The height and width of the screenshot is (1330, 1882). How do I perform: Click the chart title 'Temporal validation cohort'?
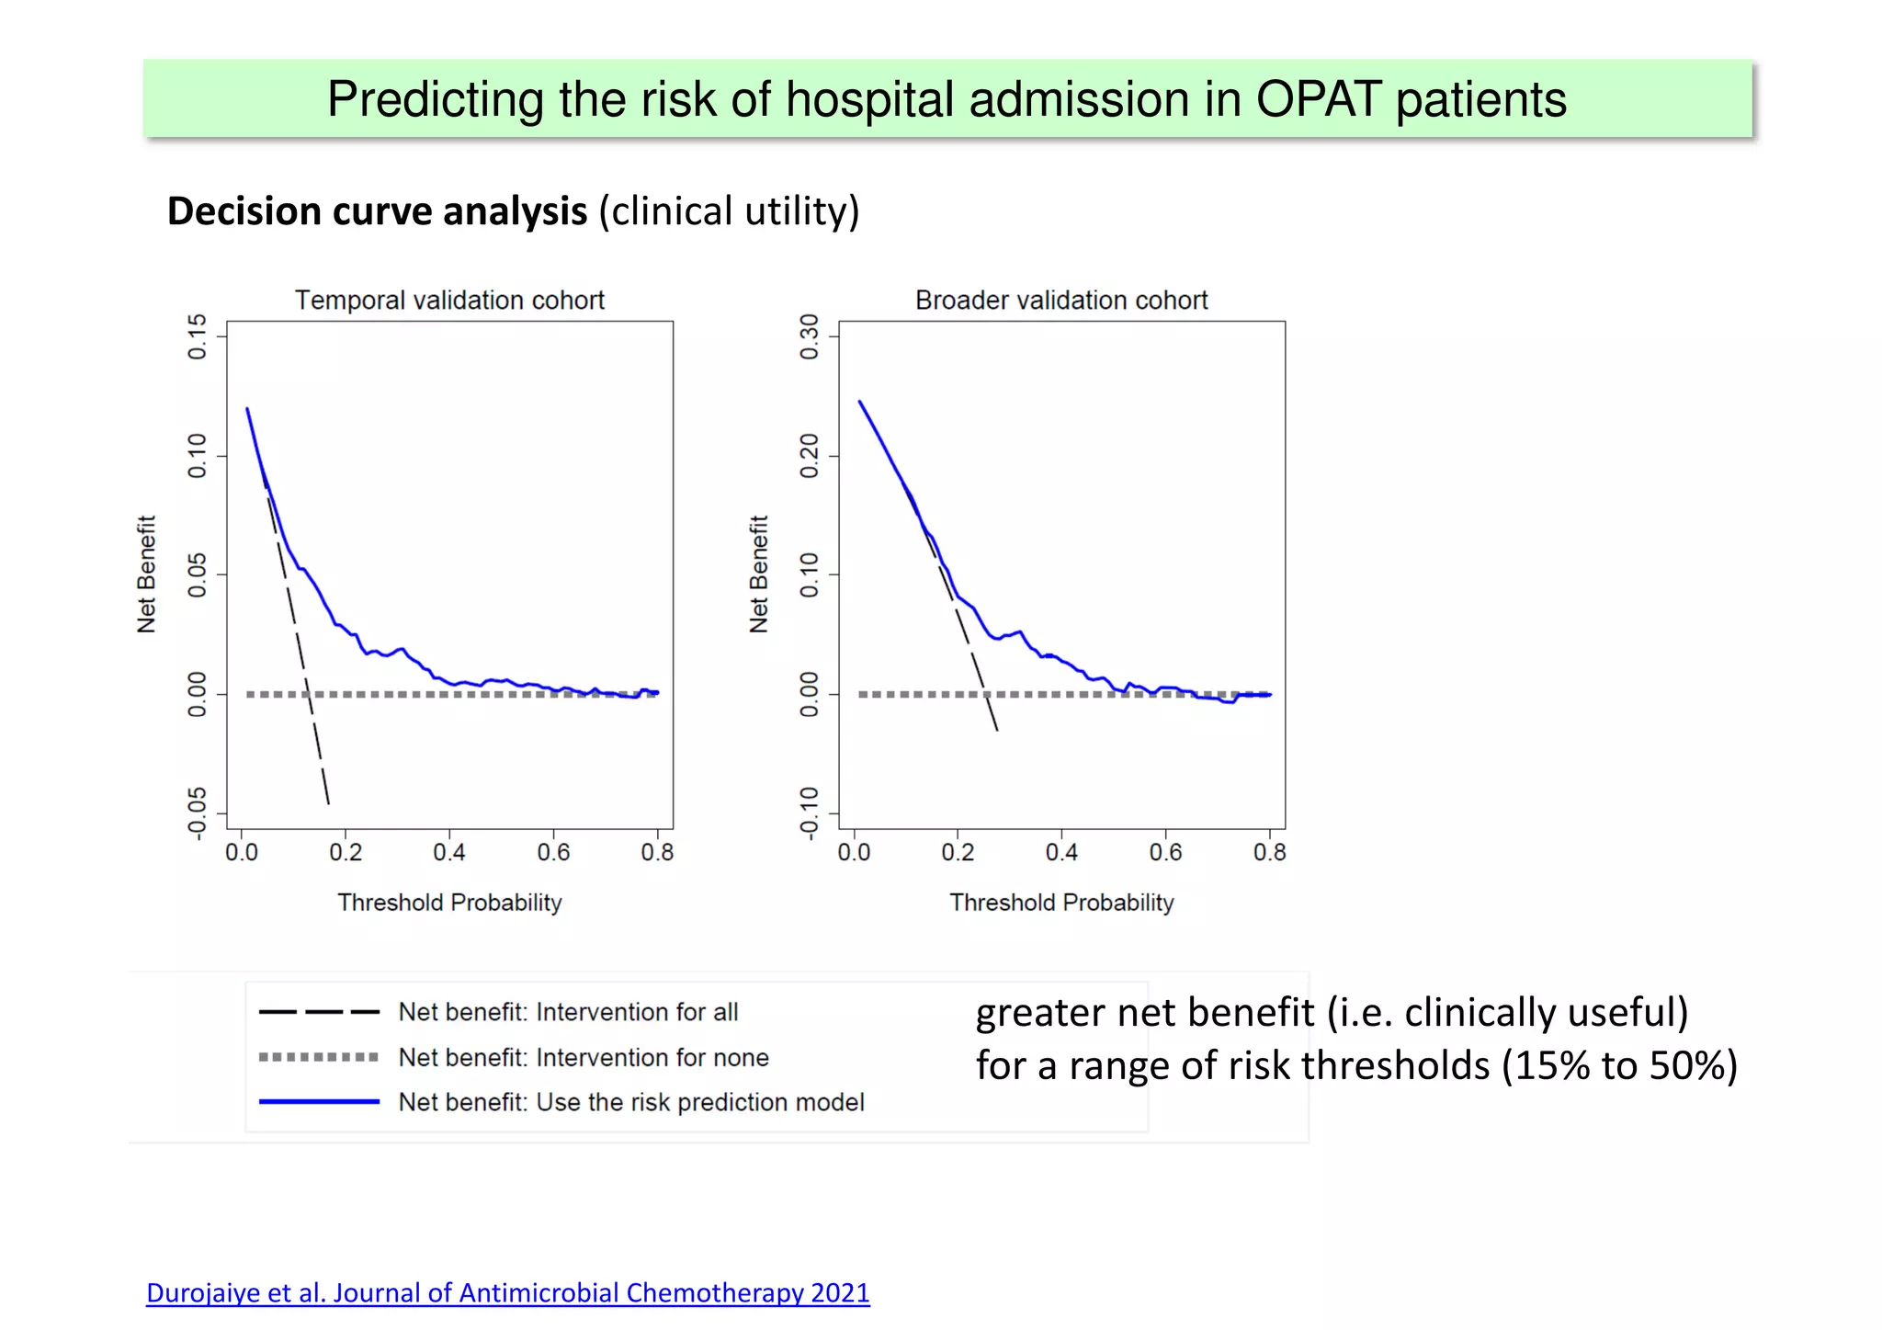pyautogui.click(x=449, y=301)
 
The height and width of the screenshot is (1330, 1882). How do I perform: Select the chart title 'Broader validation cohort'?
pyautogui.click(x=1061, y=301)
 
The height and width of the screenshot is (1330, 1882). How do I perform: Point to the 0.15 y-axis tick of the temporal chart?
pyautogui.click(x=198, y=336)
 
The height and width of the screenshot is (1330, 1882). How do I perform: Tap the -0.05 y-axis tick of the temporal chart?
pyautogui.click(x=198, y=813)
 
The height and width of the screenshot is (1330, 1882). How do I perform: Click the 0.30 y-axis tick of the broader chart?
pyautogui.click(x=810, y=336)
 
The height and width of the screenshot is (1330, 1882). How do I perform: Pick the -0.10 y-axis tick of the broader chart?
pyautogui.click(x=810, y=813)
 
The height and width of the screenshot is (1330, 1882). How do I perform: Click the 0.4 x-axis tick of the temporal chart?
pyautogui.click(x=449, y=853)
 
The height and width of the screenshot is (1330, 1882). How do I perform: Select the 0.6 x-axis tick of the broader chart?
pyautogui.click(x=1165, y=853)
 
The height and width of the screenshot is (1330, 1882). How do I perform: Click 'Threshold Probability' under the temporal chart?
pyautogui.click(x=449, y=903)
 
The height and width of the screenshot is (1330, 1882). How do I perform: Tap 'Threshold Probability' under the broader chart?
pyautogui.click(x=1061, y=903)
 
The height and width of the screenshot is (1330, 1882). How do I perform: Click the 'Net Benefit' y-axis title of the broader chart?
pyautogui.click(x=759, y=574)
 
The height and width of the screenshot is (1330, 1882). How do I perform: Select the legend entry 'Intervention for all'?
pyautogui.click(x=568, y=1012)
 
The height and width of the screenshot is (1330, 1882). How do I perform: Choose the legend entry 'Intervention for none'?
pyautogui.click(x=584, y=1058)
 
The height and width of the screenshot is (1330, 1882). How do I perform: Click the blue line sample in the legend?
pyautogui.click(x=319, y=1101)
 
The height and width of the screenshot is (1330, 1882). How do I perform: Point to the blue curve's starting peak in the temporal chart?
pyautogui.click(x=247, y=409)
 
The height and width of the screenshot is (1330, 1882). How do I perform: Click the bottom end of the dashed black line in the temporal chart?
pyautogui.click(x=328, y=802)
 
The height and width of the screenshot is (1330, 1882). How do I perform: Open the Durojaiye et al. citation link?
pyautogui.click(x=507, y=1293)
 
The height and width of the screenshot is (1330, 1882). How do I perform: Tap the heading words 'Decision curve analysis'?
pyautogui.click(x=377, y=211)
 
